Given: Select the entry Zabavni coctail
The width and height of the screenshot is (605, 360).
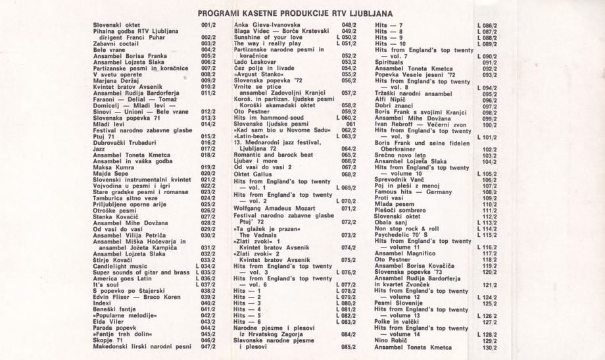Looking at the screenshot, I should (x=116, y=43).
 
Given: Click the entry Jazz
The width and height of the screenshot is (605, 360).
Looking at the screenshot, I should (x=99, y=149).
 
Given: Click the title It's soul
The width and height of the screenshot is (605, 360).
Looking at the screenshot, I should (x=105, y=284).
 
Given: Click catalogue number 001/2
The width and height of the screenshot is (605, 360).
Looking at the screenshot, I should (x=208, y=25).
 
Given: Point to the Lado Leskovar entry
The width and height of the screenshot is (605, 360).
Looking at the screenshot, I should (x=256, y=62).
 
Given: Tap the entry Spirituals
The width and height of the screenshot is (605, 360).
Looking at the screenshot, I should (x=393, y=63).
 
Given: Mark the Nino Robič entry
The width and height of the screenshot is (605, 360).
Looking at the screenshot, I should (x=393, y=340).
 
